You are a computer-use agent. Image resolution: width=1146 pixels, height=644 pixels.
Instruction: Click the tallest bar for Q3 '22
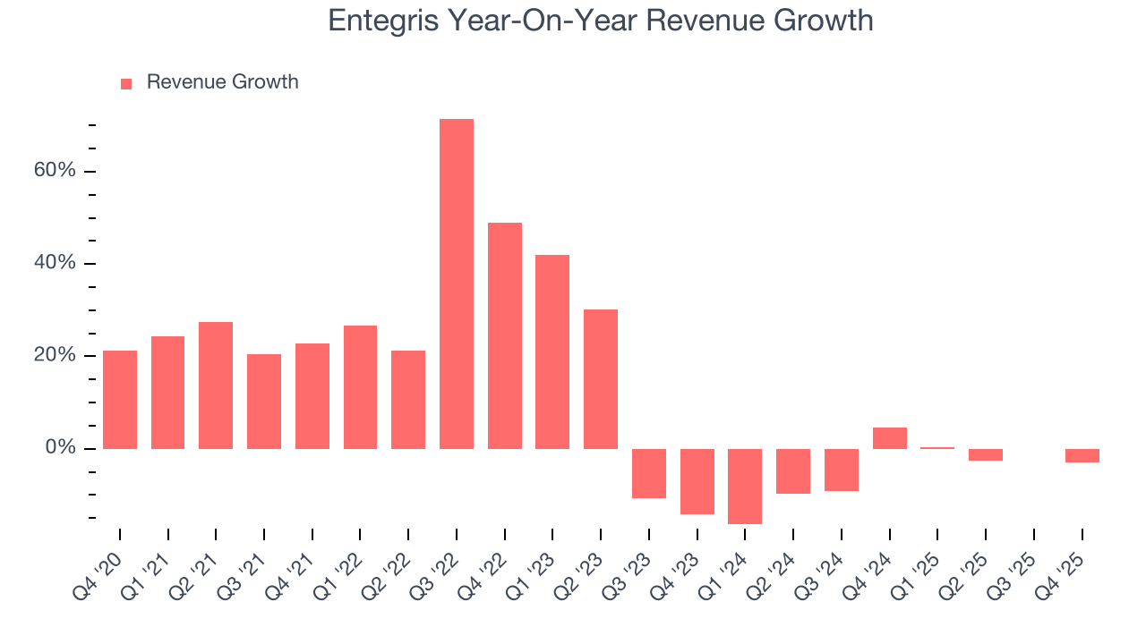[456, 284]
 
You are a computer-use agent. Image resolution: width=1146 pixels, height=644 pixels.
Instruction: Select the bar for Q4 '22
[504, 335]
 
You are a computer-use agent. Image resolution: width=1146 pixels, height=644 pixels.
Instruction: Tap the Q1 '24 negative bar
[745, 486]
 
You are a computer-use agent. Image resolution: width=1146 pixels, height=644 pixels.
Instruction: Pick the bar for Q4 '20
[120, 399]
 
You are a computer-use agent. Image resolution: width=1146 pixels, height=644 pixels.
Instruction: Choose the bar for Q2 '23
[601, 378]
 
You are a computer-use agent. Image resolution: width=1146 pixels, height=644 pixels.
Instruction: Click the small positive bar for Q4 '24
[889, 438]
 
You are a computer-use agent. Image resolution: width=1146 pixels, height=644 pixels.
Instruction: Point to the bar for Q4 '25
[1082, 455]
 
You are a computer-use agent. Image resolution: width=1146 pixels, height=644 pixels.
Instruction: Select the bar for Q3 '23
[649, 473]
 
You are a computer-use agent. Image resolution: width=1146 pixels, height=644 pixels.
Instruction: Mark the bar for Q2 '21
[216, 385]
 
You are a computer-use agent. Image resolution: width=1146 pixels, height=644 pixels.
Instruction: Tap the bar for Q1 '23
[552, 352]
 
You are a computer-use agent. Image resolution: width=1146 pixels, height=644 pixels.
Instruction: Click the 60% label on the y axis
[55, 171]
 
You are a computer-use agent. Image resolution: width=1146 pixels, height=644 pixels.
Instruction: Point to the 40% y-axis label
[55, 263]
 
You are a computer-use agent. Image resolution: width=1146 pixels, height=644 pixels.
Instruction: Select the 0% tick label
[60, 447]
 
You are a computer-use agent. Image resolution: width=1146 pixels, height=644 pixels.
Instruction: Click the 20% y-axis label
[55, 355]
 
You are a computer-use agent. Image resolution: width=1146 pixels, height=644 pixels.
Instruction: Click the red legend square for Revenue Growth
[126, 83]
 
